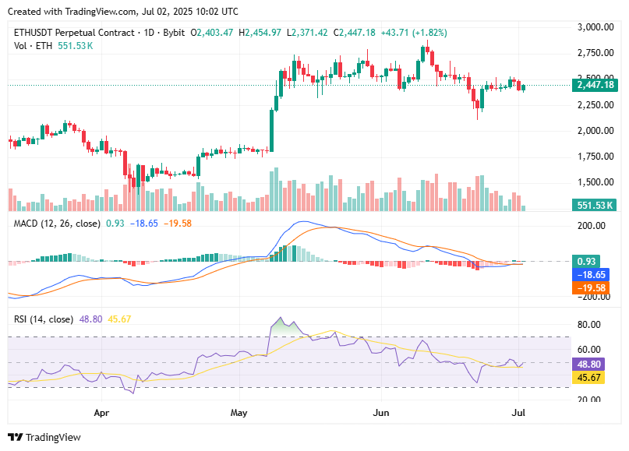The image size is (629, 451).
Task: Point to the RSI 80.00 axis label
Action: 589,324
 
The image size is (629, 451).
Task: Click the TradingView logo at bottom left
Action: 44,437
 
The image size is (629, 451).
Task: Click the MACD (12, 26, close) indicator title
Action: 56,223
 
